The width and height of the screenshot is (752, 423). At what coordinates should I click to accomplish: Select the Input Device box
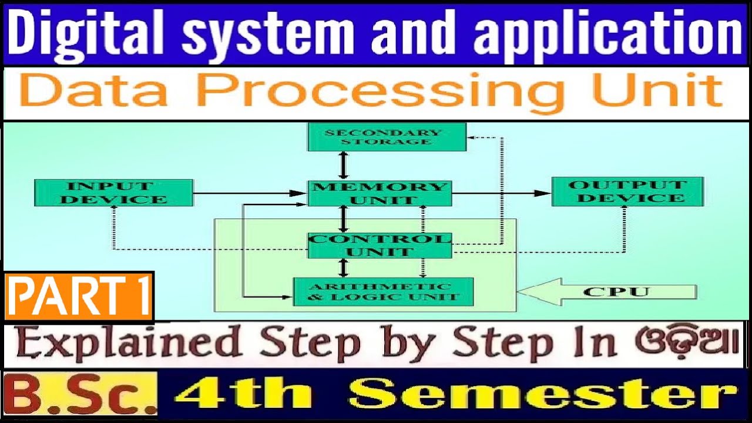(113, 193)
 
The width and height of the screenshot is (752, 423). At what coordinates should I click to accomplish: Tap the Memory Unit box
(380, 193)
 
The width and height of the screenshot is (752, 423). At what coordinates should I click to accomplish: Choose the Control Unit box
(380, 246)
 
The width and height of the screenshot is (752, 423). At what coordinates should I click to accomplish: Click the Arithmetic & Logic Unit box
(383, 291)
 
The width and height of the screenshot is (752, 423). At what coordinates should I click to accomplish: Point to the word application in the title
(608, 33)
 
